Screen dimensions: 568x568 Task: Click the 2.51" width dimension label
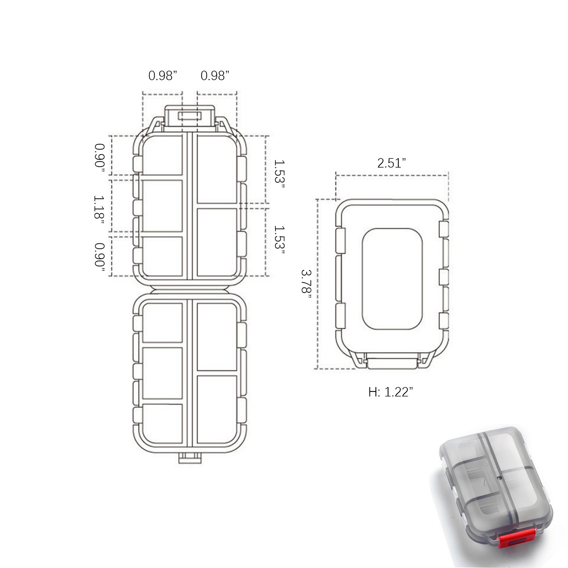click(x=391, y=163)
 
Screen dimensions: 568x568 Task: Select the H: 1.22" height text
click(x=391, y=392)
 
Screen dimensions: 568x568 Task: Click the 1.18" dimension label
click(x=99, y=207)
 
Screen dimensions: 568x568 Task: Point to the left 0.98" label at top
click(x=163, y=76)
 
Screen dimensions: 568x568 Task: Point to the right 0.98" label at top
click(x=215, y=76)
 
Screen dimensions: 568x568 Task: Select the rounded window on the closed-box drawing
click(x=392, y=279)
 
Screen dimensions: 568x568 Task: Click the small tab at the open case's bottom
click(x=190, y=458)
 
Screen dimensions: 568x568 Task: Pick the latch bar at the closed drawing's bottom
click(x=391, y=363)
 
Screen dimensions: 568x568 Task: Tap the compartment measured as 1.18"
click(x=162, y=206)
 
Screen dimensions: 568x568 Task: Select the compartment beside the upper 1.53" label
click(x=217, y=169)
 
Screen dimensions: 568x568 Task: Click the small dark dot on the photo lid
click(x=499, y=487)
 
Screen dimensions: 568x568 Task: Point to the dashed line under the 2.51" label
click(x=392, y=175)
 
